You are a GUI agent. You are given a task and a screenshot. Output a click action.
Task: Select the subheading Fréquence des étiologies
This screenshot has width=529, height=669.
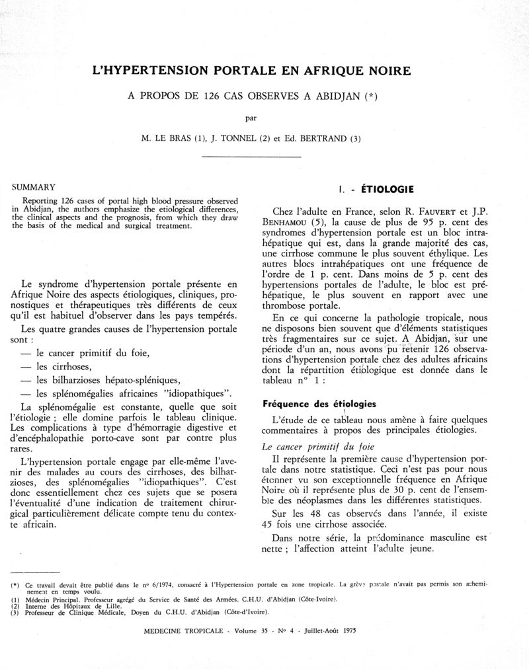pyautogui.click(x=319, y=403)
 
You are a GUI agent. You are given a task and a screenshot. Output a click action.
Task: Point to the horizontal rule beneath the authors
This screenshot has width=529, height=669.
pyautogui.click(x=250, y=156)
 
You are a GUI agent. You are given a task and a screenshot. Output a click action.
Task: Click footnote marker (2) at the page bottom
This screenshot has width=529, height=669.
pyautogui.click(x=15, y=606)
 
